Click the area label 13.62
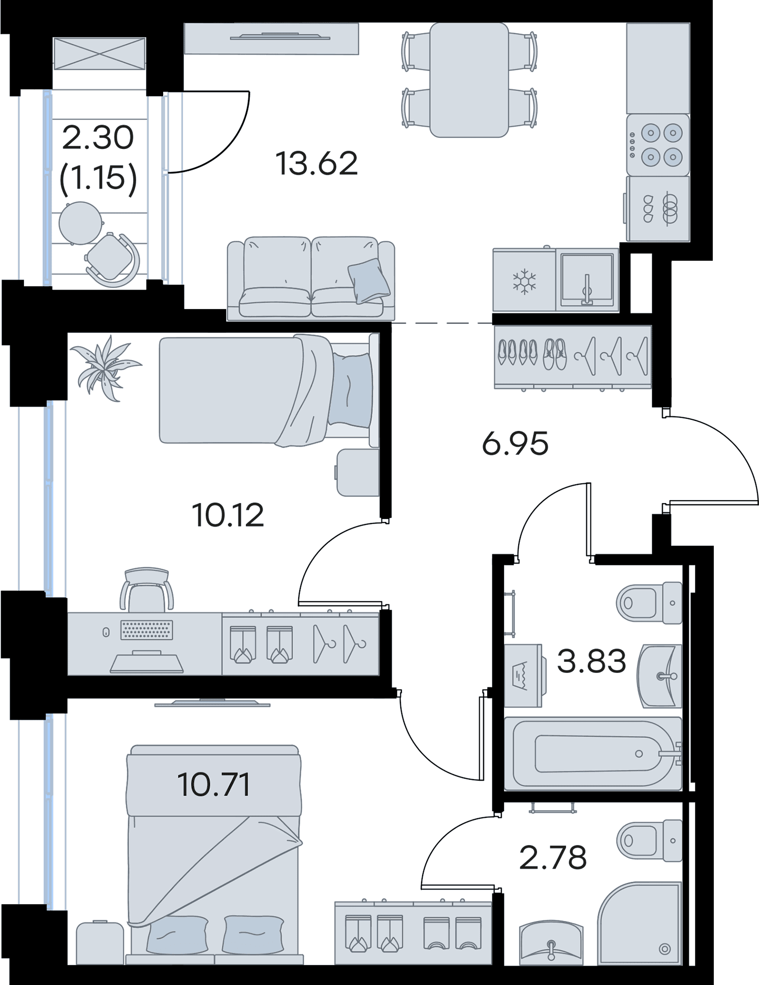(x=317, y=164)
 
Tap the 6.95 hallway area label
(x=515, y=444)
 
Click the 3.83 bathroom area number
(x=591, y=661)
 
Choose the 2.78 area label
(x=553, y=857)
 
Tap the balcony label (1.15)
(x=98, y=178)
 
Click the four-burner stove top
(x=658, y=145)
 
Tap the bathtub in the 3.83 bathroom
(x=593, y=754)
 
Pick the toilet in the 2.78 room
(x=649, y=841)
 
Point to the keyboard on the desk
(x=146, y=630)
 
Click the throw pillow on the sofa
(x=369, y=281)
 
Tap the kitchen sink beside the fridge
(x=587, y=280)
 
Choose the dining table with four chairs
(x=469, y=80)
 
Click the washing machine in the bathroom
(x=523, y=675)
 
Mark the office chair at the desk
(x=146, y=590)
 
